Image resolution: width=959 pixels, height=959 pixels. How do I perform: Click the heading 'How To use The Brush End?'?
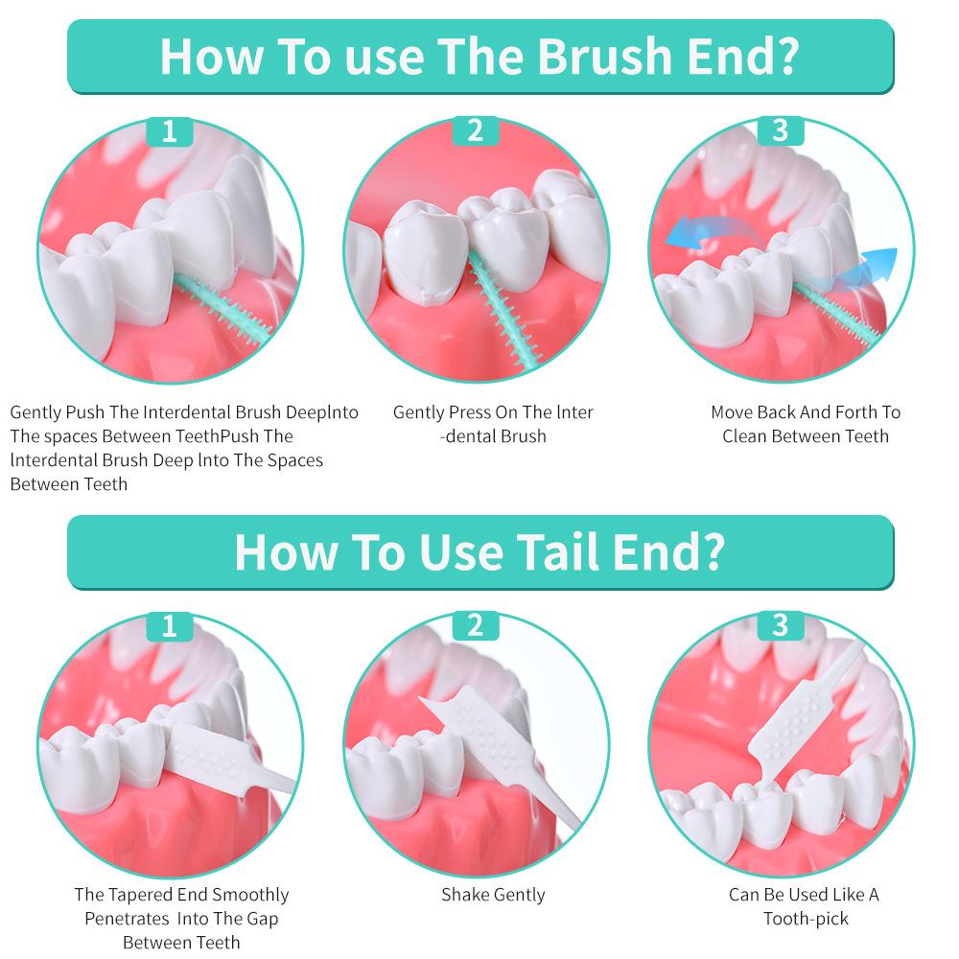[479, 56]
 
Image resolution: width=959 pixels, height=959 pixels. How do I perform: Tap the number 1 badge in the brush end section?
[170, 130]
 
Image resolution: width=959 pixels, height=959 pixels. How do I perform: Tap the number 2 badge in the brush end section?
[475, 130]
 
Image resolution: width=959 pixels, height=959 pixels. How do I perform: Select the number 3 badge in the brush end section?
[780, 130]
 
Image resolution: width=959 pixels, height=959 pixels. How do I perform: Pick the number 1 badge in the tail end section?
[170, 626]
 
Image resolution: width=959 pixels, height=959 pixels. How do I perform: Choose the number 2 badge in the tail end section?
[475, 626]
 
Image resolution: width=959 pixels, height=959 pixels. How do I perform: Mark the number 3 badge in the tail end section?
[780, 626]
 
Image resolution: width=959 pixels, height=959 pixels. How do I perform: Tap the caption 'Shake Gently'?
[493, 895]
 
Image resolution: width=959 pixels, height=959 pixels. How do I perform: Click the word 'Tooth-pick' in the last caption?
[806, 919]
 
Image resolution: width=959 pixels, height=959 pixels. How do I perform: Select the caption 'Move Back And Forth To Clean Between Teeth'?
[806, 424]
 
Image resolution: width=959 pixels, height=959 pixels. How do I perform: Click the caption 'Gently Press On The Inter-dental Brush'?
[493, 424]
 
